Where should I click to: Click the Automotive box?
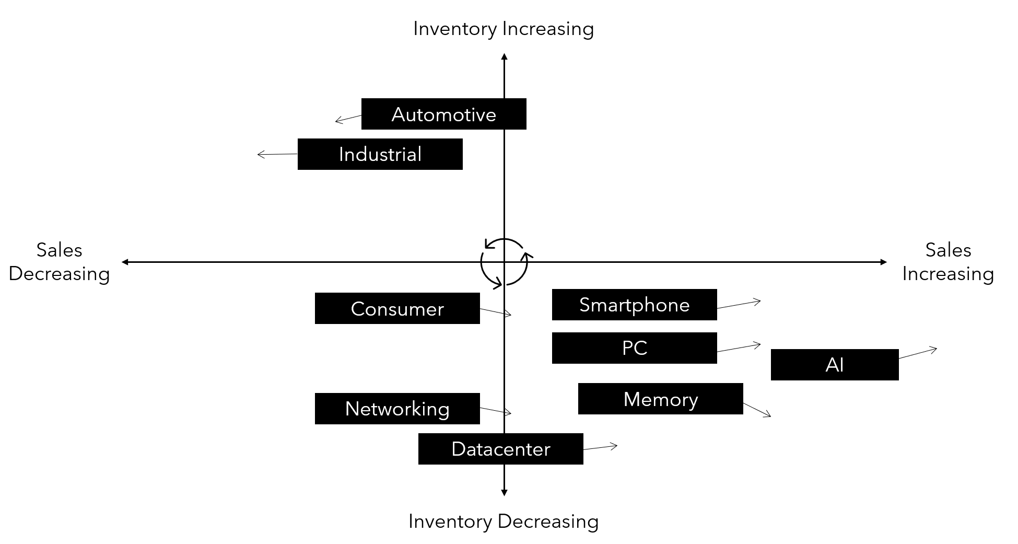coord(443,114)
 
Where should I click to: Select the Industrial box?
coord(380,154)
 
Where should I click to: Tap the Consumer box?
coord(397,308)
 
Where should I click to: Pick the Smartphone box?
coord(634,305)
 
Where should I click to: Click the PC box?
coord(634,348)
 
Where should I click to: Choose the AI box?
coord(834,365)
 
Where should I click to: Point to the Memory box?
coord(660,399)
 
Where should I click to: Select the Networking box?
coord(397,409)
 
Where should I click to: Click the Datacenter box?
coord(500,449)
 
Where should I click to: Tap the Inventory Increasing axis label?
coord(503,29)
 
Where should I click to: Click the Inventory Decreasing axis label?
coord(503,521)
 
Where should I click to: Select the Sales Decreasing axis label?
coord(59,262)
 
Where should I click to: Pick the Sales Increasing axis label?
coord(947,262)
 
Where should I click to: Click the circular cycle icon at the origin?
coord(504,262)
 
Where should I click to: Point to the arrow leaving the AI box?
coord(918,353)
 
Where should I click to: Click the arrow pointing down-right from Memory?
coord(757,410)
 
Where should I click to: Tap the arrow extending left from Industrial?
coord(277,154)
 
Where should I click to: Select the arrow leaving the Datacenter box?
coord(600,447)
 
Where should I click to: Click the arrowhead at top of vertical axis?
coord(504,56)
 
